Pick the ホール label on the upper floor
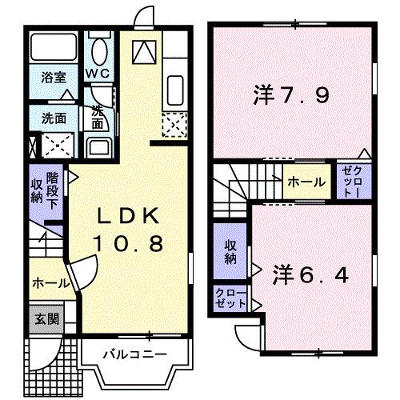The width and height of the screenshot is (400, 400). click(x=306, y=182)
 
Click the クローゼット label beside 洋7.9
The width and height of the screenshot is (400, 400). click(x=352, y=182)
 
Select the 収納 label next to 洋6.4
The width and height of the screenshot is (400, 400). click(x=230, y=252)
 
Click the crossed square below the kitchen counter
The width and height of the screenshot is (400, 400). click(x=174, y=124)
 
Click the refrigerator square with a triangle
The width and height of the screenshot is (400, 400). click(x=145, y=50)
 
